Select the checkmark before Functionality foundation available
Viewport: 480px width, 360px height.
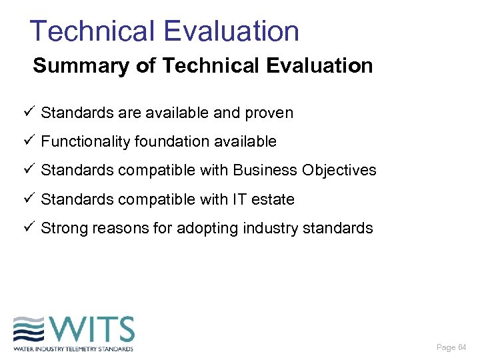27,141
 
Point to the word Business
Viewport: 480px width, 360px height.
265,170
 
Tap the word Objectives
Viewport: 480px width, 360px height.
339,170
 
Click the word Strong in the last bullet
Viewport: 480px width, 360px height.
64,228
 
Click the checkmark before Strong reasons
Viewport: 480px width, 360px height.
27,227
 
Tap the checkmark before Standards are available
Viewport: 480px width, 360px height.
27,112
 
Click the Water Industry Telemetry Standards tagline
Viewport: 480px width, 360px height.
73,349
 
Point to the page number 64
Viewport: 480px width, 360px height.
461,347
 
